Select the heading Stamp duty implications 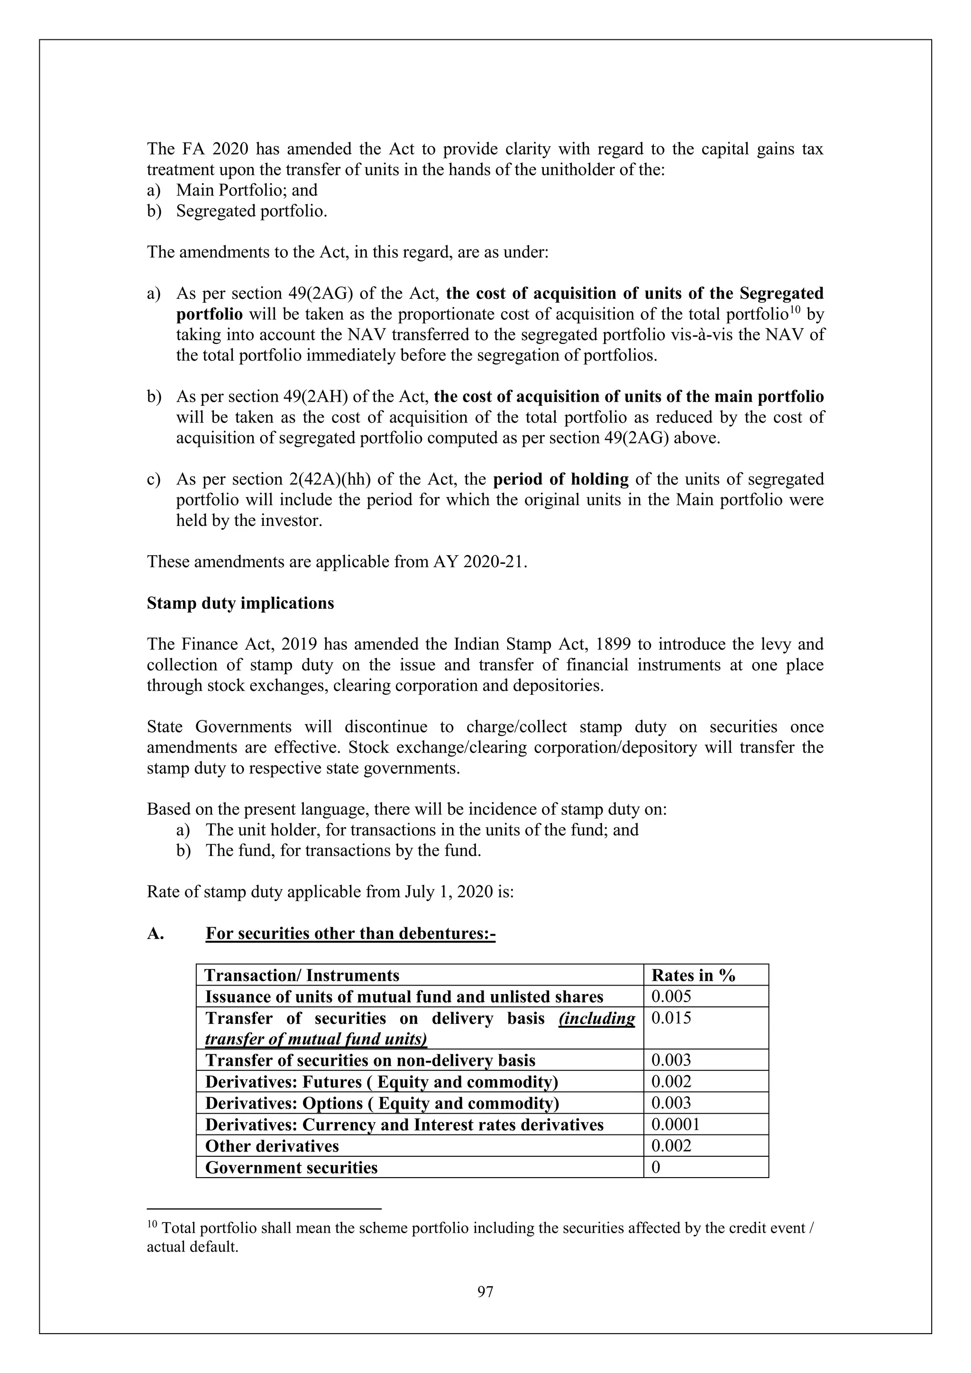240,603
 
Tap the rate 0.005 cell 671,996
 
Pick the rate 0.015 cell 671,1018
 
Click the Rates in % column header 693,976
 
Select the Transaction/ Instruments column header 302,976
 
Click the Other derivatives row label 272,1146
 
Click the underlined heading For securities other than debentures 350,933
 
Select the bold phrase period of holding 561,479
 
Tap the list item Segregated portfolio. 252,211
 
